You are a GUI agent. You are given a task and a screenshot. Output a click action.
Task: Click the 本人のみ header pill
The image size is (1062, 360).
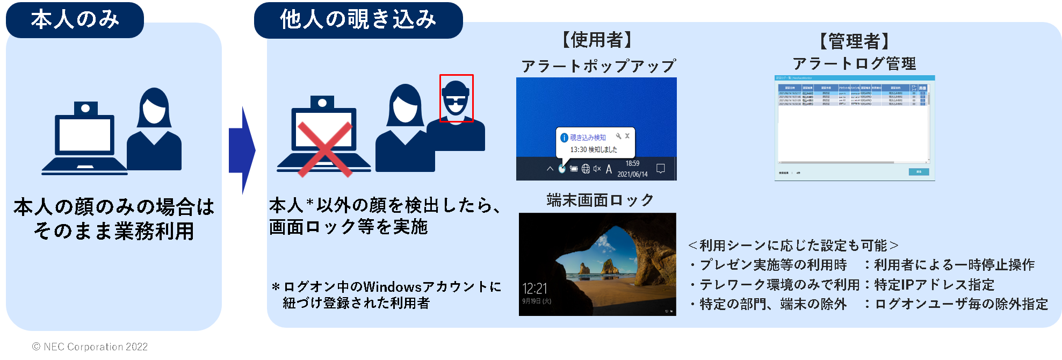click(x=75, y=20)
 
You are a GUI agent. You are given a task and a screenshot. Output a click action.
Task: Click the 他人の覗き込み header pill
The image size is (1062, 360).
click(x=358, y=20)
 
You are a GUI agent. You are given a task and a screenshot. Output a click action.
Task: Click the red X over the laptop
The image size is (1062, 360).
click(x=324, y=149)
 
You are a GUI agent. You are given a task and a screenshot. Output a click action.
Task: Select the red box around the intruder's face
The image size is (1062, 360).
click(x=456, y=98)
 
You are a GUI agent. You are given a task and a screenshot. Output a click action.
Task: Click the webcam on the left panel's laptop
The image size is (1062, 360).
click(x=85, y=109)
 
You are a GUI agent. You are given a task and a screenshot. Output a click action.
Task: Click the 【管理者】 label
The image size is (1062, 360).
click(x=854, y=41)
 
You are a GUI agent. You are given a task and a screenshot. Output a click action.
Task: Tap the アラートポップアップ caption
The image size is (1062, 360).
click(x=598, y=66)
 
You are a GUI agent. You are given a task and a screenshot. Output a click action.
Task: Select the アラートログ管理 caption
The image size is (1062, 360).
click(x=854, y=63)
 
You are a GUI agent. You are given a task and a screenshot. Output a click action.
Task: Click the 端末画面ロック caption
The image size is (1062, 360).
click(x=600, y=200)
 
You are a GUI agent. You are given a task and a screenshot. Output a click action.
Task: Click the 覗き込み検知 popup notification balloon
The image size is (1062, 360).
click(x=595, y=143)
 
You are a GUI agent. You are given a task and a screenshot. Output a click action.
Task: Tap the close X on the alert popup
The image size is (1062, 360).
click(x=627, y=136)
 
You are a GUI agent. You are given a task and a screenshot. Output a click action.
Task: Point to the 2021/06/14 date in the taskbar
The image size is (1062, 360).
click(x=632, y=174)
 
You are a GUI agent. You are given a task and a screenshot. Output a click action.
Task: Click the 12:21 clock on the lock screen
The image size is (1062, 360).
click(x=534, y=289)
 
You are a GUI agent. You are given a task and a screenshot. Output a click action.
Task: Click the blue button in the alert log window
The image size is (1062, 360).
click(x=919, y=172)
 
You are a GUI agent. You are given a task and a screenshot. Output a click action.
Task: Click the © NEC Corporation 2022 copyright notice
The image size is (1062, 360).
click(x=90, y=347)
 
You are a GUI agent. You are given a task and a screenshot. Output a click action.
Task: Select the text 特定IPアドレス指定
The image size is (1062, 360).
click(x=934, y=284)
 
